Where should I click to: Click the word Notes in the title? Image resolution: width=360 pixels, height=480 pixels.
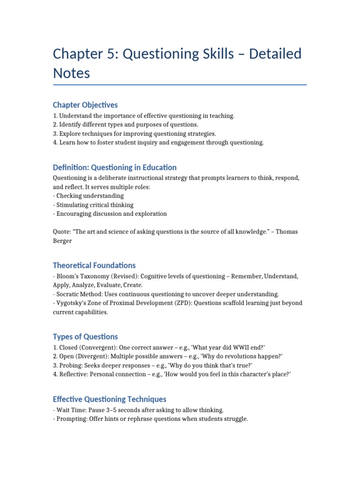71,74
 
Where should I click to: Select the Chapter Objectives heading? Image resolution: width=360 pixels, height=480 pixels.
85,105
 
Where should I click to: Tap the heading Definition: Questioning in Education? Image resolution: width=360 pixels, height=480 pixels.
114,167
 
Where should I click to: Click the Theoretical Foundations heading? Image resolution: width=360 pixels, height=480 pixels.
94,265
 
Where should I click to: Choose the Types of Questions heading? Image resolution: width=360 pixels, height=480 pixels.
85,337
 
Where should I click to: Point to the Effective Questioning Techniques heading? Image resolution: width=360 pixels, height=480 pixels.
109,399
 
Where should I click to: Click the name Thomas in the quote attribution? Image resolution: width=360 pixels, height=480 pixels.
285,232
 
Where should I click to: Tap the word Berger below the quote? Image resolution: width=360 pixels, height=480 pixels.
62,240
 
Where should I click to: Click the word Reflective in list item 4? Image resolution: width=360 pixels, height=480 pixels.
74,374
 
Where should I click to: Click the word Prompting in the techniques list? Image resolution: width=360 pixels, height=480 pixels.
71,419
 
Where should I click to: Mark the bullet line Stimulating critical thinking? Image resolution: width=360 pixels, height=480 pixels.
94,205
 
